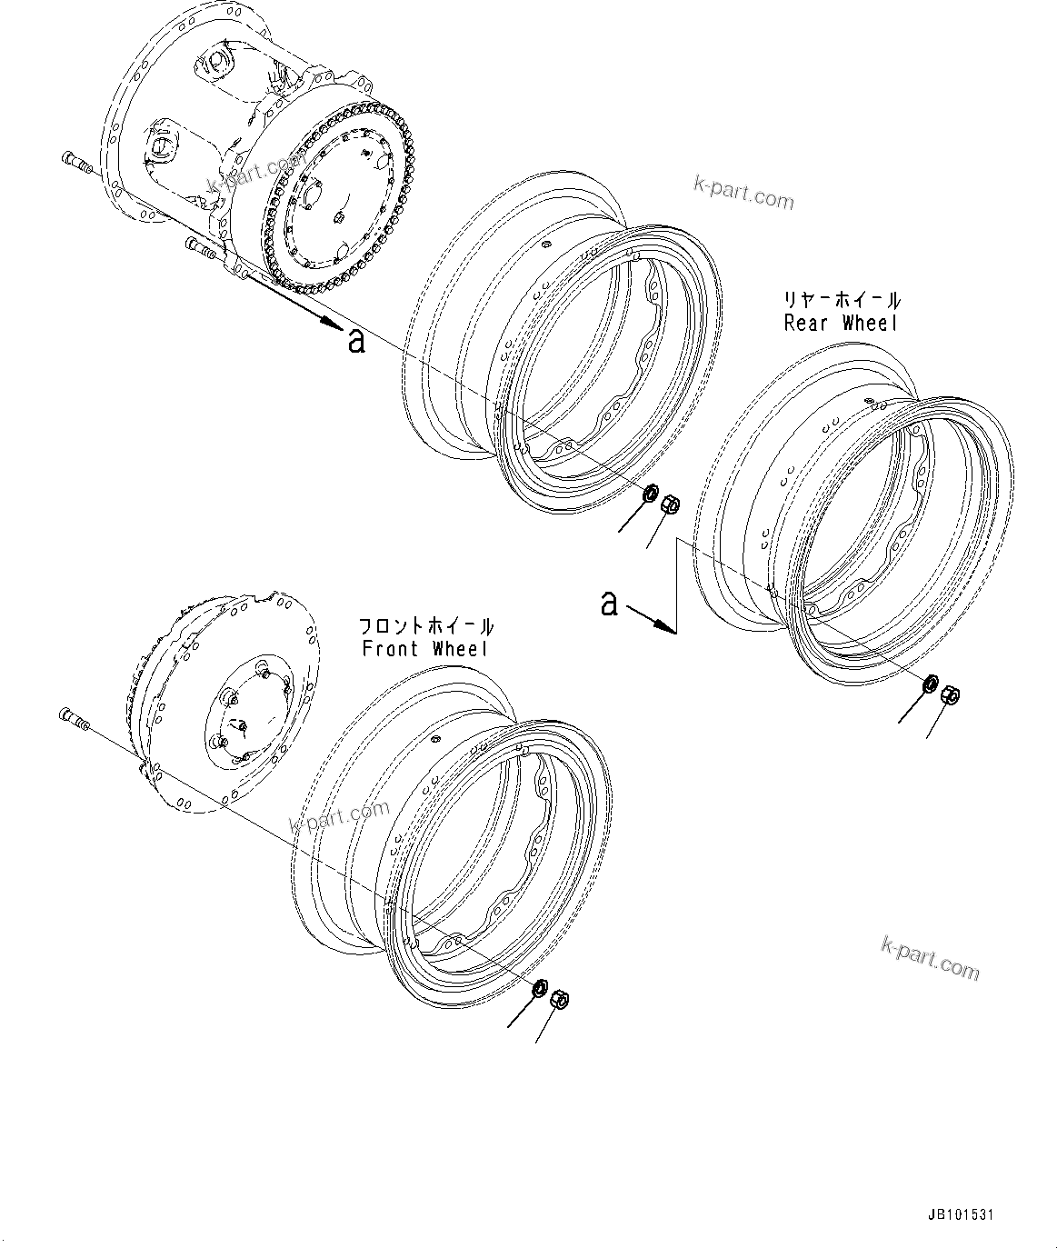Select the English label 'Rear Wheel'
(x=841, y=323)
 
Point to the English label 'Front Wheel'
(x=424, y=649)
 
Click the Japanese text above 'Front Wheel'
(x=426, y=626)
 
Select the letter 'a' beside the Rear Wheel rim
(x=610, y=603)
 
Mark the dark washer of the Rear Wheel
(x=931, y=684)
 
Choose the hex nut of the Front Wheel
(x=561, y=999)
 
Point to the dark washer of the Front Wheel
(x=539, y=987)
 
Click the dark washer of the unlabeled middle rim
(x=650, y=494)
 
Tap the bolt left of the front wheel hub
(x=74, y=719)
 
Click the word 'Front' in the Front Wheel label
(x=392, y=649)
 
